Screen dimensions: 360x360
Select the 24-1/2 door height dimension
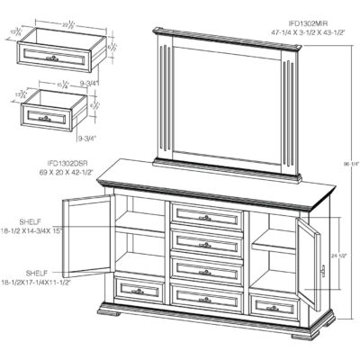(338, 256)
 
